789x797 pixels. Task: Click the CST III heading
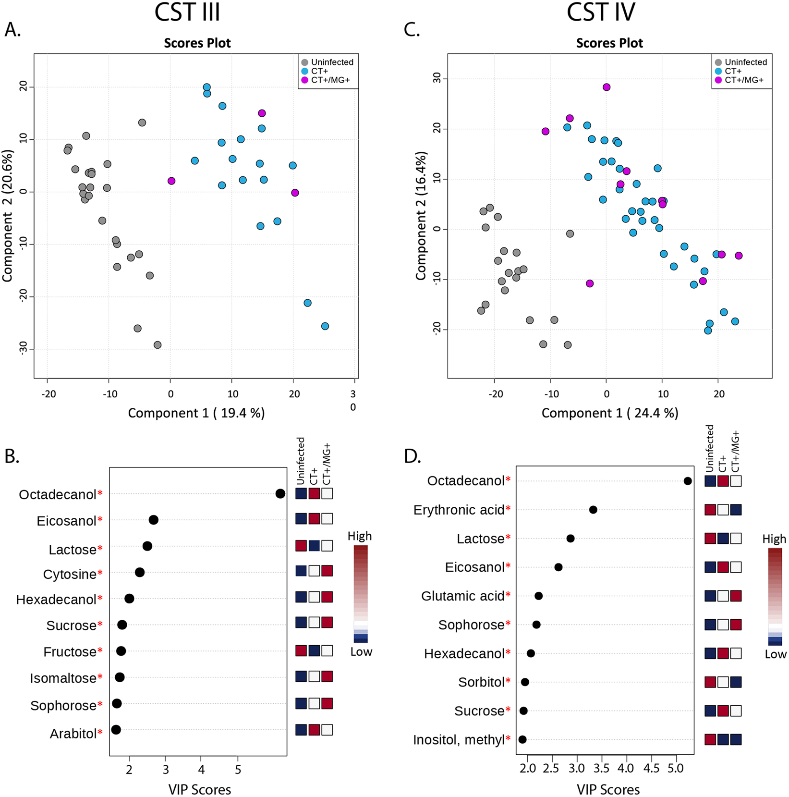[x=187, y=12]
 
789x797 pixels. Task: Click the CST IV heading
[x=600, y=12]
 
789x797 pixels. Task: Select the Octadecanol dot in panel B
[x=280, y=493]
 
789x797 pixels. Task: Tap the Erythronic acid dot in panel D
[x=593, y=510]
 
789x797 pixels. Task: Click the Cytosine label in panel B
[x=70, y=575]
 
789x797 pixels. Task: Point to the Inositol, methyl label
[x=459, y=740]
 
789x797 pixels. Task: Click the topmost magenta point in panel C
[x=607, y=87]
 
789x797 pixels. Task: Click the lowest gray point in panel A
[x=158, y=345]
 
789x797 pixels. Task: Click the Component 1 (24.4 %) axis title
[x=610, y=413]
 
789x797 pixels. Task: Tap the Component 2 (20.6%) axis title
[x=8, y=216]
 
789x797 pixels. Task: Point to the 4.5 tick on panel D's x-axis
[x=651, y=769]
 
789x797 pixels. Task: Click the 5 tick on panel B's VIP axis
[x=238, y=770]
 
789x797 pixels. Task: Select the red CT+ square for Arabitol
[x=314, y=730]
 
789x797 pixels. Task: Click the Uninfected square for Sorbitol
[x=710, y=682]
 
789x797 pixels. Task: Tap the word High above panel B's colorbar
[x=360, y=536]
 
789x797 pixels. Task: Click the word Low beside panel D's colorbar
[x=776, y=654]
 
